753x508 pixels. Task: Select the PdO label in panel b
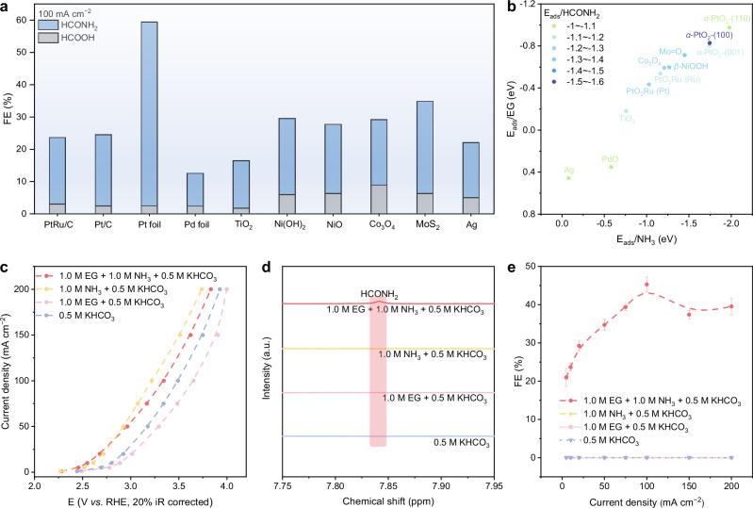tap(610, 159)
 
